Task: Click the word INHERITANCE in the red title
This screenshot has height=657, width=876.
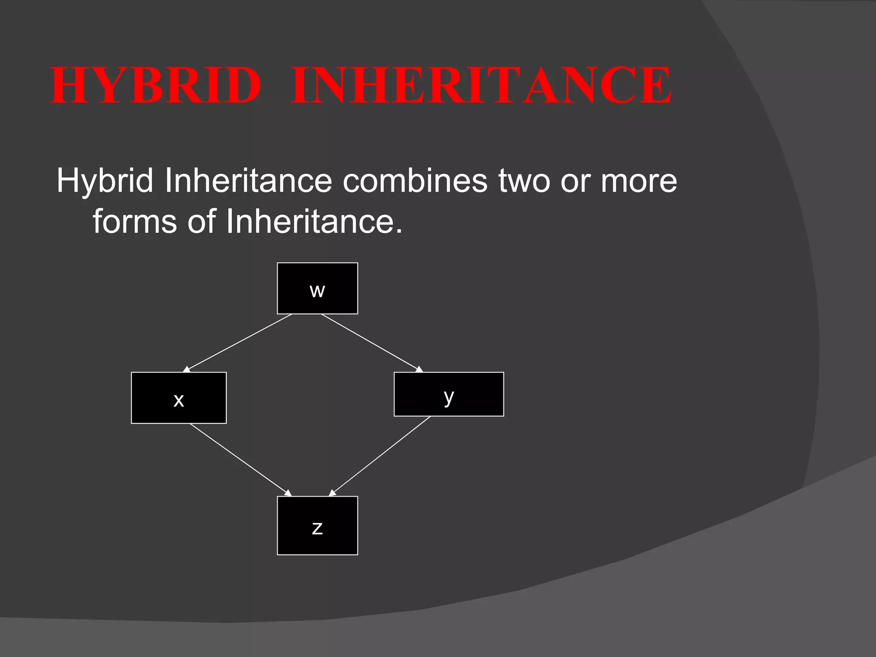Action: click(481, 85)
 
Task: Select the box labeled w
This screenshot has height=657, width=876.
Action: click(317, 288)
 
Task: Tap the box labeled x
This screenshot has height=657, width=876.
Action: click(179, 398)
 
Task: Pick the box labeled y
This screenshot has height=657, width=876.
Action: click(449, 394)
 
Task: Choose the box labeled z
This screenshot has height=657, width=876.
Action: click(317, 526)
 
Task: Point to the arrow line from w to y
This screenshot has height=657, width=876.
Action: click(370, 342)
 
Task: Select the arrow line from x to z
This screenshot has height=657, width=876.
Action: click(240, 459)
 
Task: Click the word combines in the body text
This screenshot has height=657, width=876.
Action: click(414, 181)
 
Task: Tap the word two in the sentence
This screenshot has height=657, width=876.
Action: click(524, 181)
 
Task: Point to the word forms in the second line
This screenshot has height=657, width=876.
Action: click(135, 221)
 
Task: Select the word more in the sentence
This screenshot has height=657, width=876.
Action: click(639, 181)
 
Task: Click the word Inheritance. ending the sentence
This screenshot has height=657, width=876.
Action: click(314, 221)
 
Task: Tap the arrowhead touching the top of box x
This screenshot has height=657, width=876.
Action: click(186, 369)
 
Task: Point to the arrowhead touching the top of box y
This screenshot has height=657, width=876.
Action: click(419, 369)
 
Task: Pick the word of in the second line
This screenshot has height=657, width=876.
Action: click(201, 221)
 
